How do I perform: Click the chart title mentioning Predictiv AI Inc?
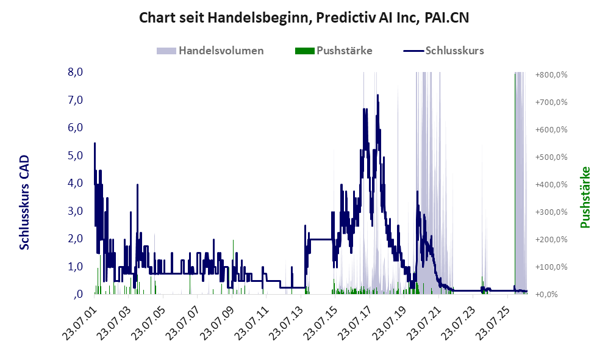(x=304, y=18)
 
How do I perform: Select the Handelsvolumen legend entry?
(x=210, y=51)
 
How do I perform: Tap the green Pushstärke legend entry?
(x=334, y=51)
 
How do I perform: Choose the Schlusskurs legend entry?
(x=443, y=51)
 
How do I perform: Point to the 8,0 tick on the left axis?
(x=75, y=72)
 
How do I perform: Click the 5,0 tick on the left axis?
(x=75, y=156)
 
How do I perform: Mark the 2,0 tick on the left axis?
(x=75, y=239)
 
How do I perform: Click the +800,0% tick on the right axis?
(x=551, y=75)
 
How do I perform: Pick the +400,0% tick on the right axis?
(x=551, y=185)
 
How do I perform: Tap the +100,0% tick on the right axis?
(x=551, y=267)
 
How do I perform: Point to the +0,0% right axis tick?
(x=546, y=295)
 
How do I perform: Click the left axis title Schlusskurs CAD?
(x=24, y=202)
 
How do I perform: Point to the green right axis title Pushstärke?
(x=585, y=198)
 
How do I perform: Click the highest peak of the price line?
(x=377, y=95)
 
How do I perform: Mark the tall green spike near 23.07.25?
(x=515, y=183)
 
